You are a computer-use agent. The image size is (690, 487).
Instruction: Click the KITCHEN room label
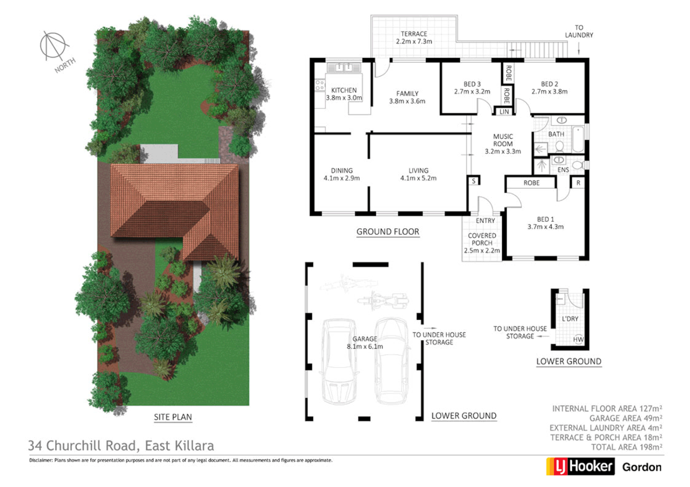click(344, 90)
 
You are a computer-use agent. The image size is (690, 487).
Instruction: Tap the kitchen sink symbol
click(344, 68)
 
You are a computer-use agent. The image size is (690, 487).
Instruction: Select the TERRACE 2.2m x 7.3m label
click(414, 37)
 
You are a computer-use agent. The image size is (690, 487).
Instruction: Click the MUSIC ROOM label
click(503, 143)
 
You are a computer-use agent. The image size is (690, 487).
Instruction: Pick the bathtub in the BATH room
click(578, 139)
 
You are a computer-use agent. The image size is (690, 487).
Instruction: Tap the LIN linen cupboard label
click(504, 112)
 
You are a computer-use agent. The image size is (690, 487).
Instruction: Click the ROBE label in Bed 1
click(531, 183)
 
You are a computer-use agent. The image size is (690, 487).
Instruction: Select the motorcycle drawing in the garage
click(382, 299)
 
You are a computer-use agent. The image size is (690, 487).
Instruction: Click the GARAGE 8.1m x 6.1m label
click(364, 343)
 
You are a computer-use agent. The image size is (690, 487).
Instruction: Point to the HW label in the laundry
click(578, 340)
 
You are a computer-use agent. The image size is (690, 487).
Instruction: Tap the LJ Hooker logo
click(580, 466)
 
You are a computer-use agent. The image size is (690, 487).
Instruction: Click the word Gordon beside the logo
click(641, 467)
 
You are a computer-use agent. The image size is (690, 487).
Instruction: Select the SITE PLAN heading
click(173, 417)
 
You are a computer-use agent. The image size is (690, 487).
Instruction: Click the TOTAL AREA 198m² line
click(627, 447)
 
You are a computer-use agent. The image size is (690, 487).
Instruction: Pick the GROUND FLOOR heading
click(388, 232)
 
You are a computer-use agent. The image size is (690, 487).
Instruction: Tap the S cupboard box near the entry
click(474, 181)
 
